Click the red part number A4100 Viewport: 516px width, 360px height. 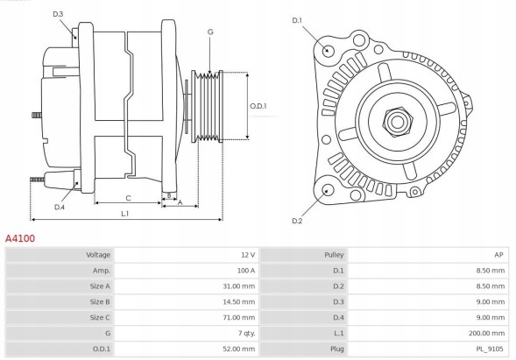click(x=21, y=237)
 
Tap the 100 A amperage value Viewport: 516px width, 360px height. click(x=245, y=271)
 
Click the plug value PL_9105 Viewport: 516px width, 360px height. click(x=491, y=349)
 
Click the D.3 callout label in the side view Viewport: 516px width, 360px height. click(x=58, y=15)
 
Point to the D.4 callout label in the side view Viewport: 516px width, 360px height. click(x=60, y=207)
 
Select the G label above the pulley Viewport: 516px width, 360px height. click(x=210, y=32)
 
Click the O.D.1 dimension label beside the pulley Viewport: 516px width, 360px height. click(x=258, y=106)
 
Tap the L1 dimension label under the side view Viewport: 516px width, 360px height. click(x=125, y=213)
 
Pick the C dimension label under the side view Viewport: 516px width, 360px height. click(x=128, y=197)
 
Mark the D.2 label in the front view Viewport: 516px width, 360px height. click(x=296, y=221)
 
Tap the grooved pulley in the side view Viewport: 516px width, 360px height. click(x=210, y=106)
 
